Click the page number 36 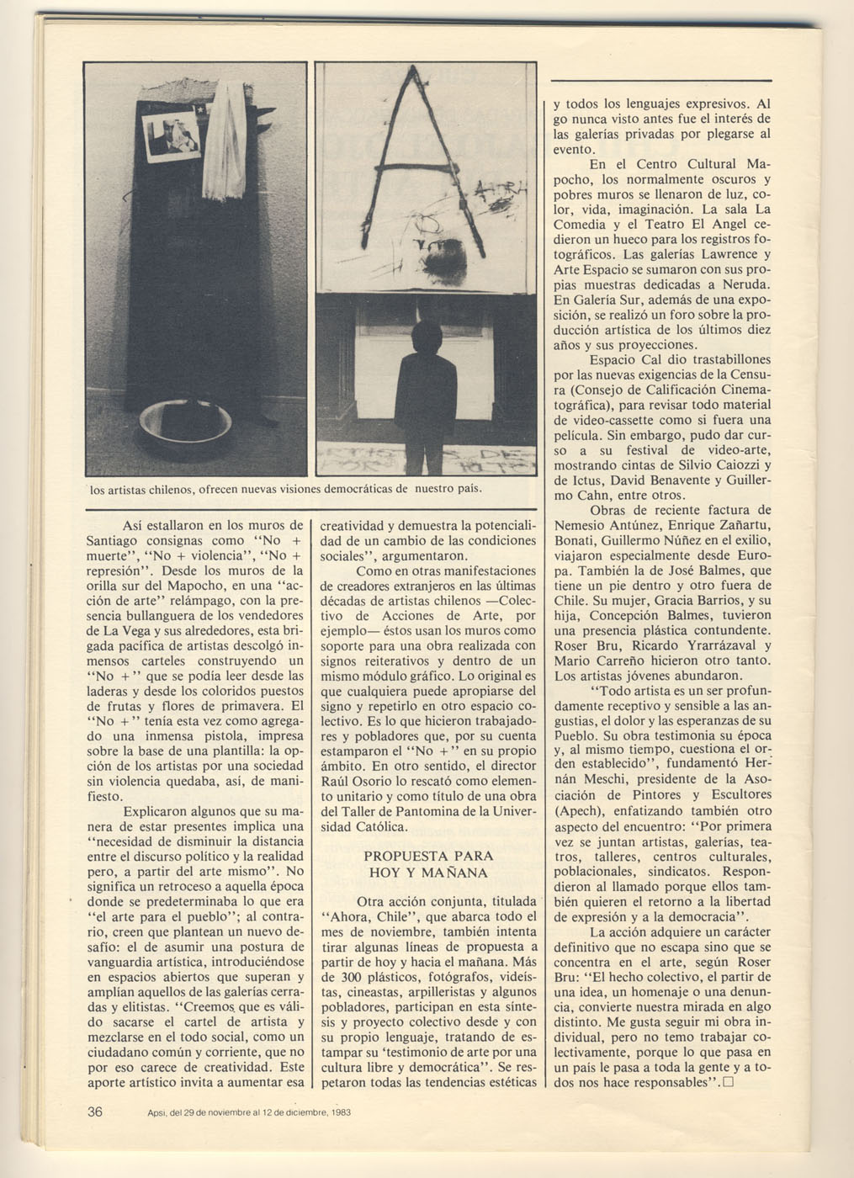[95, 1111]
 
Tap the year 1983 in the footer [339, 1112]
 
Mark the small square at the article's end [728, 1083]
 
